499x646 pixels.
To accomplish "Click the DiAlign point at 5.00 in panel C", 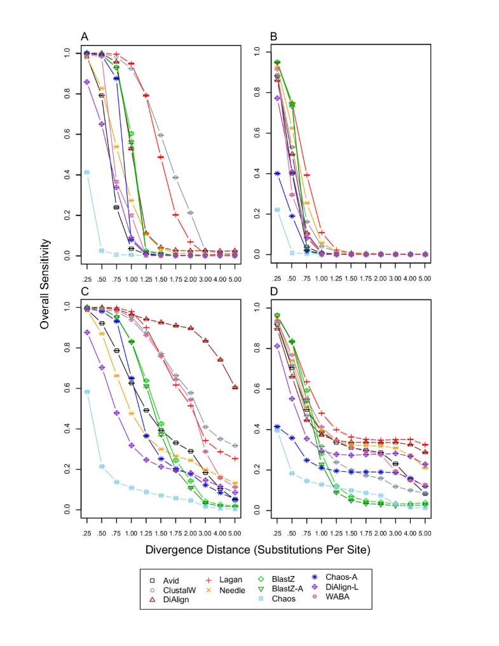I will click(236, 387).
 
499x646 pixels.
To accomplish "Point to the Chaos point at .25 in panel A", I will click(87, 172).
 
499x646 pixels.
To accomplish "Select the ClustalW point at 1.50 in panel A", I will click(161, 135).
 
